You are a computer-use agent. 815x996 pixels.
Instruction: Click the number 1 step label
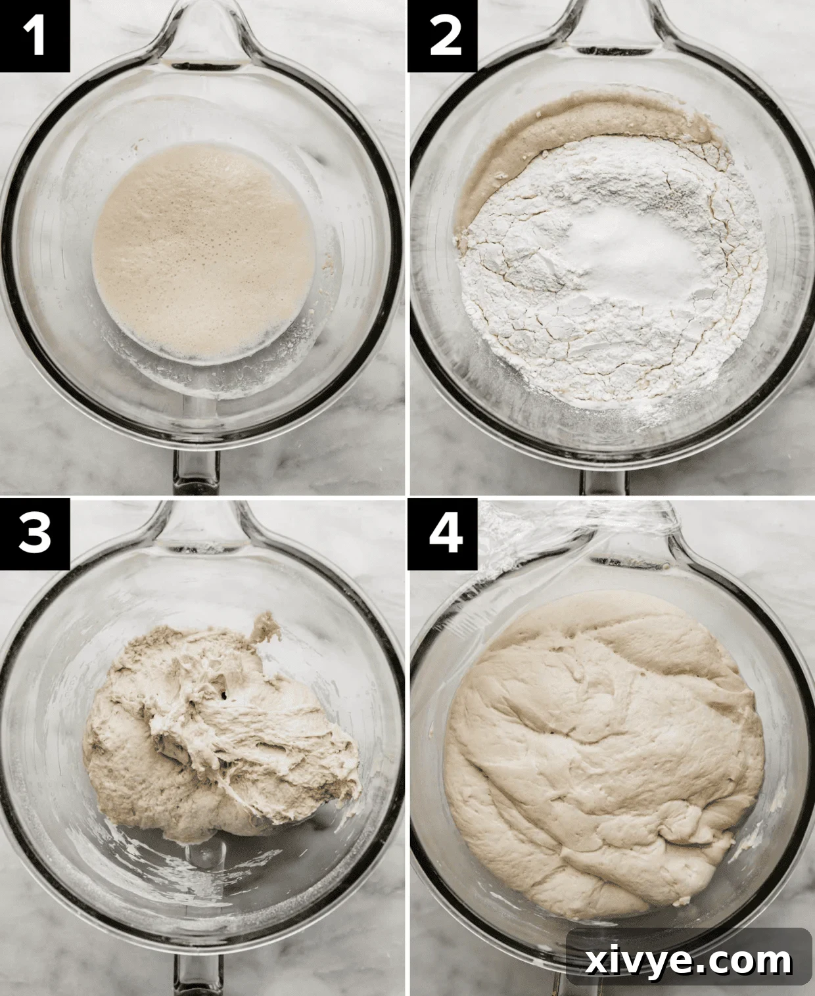(x=34, y=36)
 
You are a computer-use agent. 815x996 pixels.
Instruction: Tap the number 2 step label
(x=442, y=36)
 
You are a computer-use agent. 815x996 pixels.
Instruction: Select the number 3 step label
(x=34, y=533)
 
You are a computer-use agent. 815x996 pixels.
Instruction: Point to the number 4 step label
(x=442, y=533)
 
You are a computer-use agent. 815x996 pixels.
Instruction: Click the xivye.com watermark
(x=689, y=961)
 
